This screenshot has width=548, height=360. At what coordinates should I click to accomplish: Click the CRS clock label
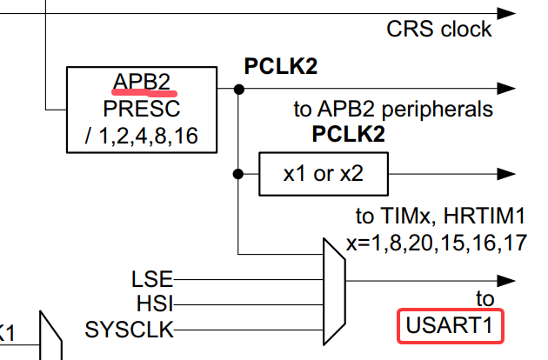point(439,29)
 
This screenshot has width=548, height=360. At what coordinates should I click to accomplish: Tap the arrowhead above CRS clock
point(506,14)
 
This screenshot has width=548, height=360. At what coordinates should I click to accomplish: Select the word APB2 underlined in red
point(142,82)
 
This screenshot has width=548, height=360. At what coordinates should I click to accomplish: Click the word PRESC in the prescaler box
point(142,109)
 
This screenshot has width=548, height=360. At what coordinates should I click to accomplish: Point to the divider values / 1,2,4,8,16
point(142,136)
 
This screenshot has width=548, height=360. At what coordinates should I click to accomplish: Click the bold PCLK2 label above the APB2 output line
point(281,66)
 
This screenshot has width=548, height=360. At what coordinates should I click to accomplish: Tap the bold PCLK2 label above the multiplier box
point(349,134)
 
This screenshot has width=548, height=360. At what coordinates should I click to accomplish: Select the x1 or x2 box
point(324,174)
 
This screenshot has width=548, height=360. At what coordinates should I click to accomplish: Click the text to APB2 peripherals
point(393,109)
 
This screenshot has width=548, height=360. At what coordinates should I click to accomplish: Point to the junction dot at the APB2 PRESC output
point(238,89)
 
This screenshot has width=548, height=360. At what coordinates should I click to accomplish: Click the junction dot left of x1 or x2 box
point(238,174)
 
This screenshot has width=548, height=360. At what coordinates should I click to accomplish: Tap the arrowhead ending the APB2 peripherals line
point(506,89)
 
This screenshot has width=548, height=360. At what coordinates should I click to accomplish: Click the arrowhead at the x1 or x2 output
point(506,174)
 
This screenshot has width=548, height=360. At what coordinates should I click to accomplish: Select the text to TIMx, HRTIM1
point(441,216)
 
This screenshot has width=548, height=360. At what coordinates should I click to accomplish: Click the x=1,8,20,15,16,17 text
point(437,243)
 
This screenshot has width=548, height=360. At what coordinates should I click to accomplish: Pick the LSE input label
point(152,279)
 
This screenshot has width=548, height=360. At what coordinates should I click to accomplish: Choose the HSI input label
point(155,303)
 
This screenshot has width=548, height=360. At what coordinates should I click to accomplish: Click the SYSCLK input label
point(130,330)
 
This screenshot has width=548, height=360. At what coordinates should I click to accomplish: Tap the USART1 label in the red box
point(450,325)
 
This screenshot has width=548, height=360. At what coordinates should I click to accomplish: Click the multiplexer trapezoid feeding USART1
point(335,292)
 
